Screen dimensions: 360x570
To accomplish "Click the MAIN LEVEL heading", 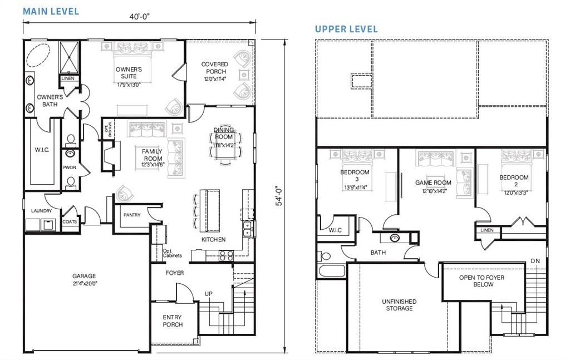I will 51,11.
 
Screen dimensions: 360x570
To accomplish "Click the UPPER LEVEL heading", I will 346,29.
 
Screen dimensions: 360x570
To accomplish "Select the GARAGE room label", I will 84,279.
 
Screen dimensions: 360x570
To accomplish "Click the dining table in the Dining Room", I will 224,146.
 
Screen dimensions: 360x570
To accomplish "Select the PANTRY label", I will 132,215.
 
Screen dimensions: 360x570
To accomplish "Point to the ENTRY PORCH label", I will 173,320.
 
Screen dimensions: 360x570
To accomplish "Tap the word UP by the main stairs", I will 208,293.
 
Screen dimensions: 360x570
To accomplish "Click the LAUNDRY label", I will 41,211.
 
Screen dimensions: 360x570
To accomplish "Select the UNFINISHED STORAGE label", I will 399,304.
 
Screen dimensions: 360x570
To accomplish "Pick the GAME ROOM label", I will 433,183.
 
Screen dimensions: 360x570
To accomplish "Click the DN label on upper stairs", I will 535,261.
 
